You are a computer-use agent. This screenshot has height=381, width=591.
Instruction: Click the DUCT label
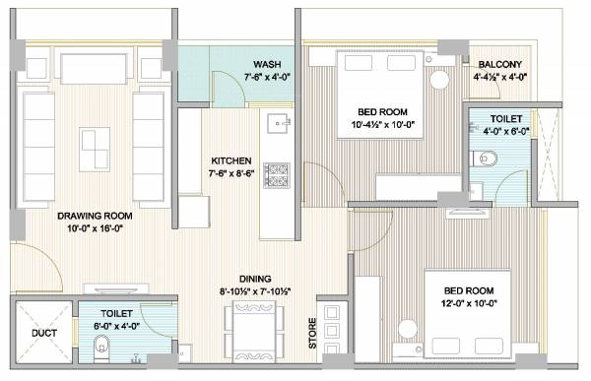(43, 334)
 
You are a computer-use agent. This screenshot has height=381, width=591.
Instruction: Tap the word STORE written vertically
(314, 333)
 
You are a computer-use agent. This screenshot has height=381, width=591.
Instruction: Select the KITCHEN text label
(230, 160)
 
